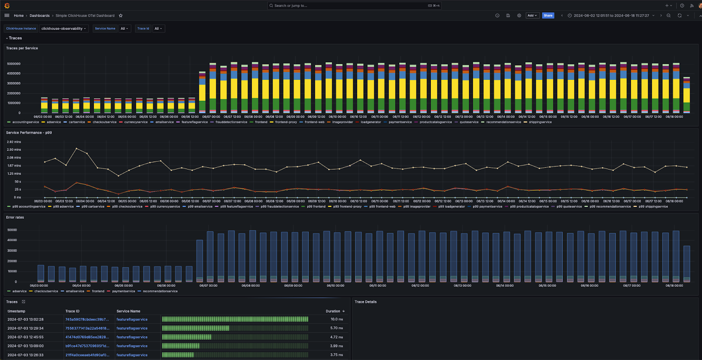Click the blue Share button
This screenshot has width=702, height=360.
548,15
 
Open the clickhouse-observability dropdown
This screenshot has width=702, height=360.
64,29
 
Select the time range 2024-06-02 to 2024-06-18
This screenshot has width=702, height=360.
611,15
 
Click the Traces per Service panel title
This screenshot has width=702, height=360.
22,48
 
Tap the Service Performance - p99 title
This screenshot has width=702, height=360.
29,132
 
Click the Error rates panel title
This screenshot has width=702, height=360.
15,217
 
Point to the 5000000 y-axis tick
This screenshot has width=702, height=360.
14,64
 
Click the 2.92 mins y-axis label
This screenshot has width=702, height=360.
14,142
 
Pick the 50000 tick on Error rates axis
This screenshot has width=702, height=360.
12,230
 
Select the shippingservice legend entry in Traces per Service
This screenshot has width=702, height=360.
540,122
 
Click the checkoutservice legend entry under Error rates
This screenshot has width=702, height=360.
46,291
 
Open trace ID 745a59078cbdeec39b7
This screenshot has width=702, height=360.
87,319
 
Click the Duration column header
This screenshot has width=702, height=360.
333,311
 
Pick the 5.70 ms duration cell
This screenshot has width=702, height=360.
337,328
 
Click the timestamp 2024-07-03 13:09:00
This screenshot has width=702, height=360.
25,346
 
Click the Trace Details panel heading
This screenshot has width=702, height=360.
365,302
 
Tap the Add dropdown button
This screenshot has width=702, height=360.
532,15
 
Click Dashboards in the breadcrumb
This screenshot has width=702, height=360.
39,15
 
